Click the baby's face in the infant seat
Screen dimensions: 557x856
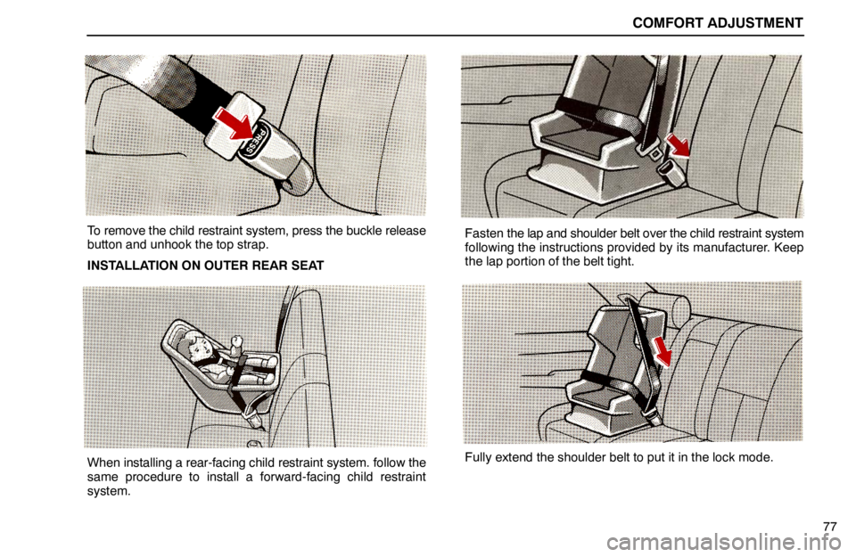193,344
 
